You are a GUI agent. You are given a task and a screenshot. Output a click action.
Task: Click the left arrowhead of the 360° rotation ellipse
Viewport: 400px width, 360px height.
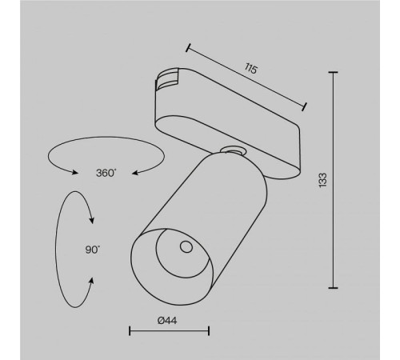pyautogui.click(x=74, y=170)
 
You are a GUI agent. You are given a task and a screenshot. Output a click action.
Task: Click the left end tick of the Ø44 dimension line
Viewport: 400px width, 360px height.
pyautogui.click(x=130, y=330)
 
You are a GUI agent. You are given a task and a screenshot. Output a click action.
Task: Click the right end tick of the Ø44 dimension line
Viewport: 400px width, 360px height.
pyautogui.click(x=209, y=330)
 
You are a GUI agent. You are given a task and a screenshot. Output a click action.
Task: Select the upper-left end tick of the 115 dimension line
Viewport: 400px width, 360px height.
pyautogui.click(x=190, y=48)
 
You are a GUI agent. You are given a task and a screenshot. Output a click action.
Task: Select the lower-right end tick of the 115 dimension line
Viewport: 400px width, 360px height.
pyautogui.click(x=305, y=105)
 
